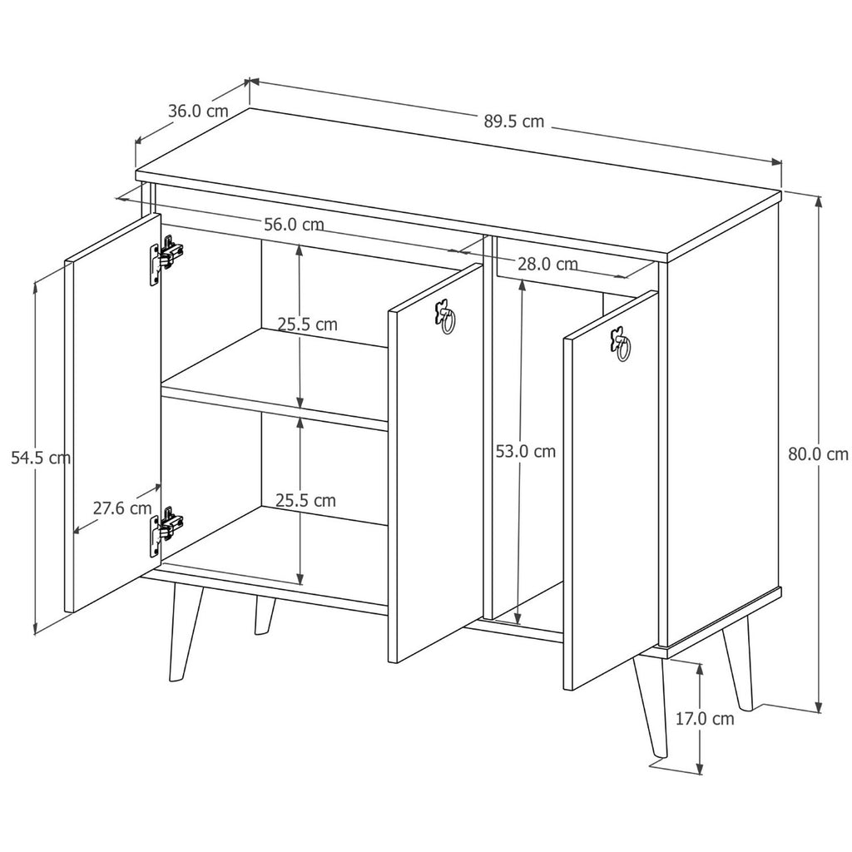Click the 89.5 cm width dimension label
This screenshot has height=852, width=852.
point(513,121)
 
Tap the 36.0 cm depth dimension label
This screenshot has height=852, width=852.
point(198,111)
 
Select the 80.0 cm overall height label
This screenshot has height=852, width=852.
point(818,453)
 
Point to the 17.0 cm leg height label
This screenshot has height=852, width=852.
point(704,718)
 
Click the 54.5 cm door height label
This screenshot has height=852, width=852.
point(41,458)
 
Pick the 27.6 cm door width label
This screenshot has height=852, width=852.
point(122,508)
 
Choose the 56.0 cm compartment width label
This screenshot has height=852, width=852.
point(294,224)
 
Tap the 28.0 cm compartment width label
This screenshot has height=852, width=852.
point(547,264)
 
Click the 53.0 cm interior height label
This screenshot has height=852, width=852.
point(526,451)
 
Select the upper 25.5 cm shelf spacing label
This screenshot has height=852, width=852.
point(308,324)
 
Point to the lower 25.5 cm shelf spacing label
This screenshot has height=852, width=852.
point(305,500)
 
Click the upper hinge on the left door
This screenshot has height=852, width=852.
point(166,260)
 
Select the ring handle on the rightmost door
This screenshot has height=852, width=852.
point(621,344)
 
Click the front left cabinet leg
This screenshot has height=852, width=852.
point(185,633)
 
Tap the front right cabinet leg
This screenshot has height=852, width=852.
point(650,706)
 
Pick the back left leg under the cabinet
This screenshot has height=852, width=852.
point(264,615)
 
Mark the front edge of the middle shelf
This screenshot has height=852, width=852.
point(274,408)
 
